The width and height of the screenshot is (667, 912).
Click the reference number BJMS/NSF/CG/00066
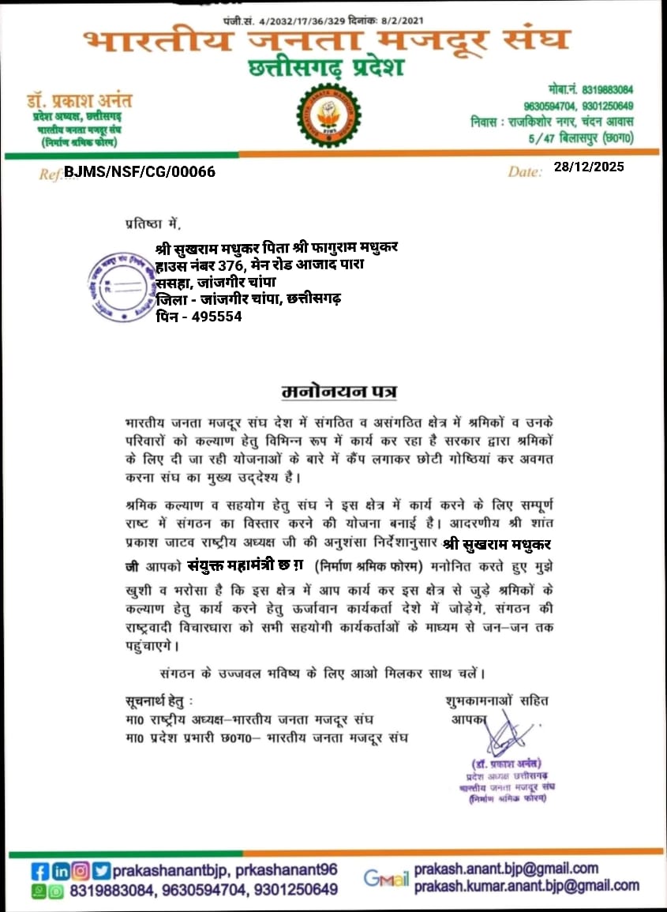pos(139,171)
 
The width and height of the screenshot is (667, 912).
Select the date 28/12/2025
pos(588,167)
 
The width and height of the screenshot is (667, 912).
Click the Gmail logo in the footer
pos(386,877)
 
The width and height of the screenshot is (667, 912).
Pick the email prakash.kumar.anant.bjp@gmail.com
pos(526,886)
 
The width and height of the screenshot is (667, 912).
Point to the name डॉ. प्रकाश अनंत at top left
pos(77,101)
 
